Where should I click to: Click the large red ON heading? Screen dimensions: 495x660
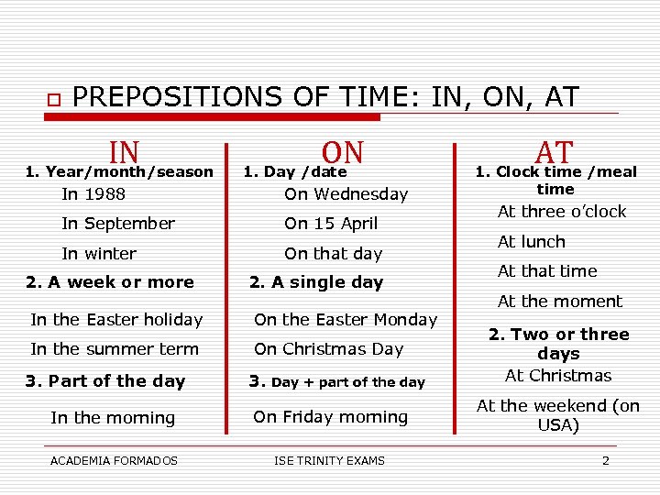click(343, 152)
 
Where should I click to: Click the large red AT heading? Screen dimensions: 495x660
click(555, 152)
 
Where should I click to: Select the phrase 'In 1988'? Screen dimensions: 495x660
click(93, 194)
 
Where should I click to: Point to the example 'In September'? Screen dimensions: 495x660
click(117, 224)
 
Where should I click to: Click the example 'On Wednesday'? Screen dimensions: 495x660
click(346, 194)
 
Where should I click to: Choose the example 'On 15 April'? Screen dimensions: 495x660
click(330, 224)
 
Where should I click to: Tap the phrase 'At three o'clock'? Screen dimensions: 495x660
click(561, 212)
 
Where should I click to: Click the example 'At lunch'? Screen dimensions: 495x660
click(531, 242)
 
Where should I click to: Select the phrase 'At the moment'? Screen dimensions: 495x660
click(559, 302)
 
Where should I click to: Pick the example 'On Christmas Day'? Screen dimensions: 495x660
click(328, 349)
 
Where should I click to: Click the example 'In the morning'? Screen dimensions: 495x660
click(113, 418)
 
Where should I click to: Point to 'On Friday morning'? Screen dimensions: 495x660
click(330, 417)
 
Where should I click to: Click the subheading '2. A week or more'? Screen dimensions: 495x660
click(110, 282)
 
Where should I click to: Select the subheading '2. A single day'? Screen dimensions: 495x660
click(316, 282)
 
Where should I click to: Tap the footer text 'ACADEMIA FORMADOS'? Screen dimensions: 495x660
click(114, 460)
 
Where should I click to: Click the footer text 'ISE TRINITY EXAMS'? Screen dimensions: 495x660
click(329, 460)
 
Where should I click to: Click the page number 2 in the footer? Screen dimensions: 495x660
click(605, 460)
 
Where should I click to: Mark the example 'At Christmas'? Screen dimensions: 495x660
click(558, 376)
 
